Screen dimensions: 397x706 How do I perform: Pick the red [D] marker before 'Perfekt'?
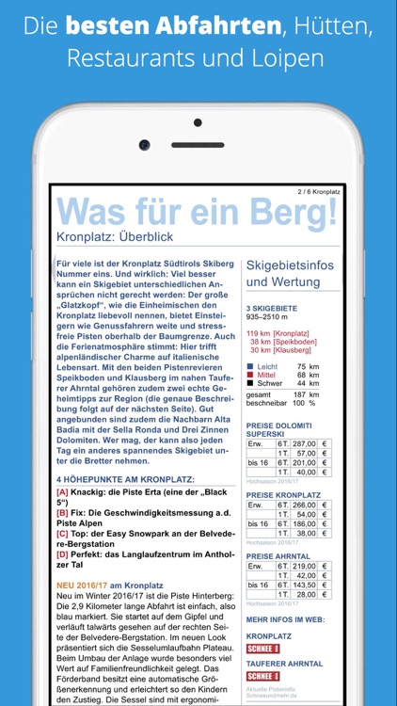pos(62,554)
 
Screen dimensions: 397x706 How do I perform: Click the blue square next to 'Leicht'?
pos(250,366)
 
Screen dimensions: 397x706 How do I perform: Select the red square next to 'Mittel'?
pos(250,375)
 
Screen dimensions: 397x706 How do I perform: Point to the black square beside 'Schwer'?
pos(250,383)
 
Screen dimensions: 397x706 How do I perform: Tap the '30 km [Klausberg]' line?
pos(279,350)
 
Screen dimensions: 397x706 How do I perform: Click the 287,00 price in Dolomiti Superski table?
pos(304,442)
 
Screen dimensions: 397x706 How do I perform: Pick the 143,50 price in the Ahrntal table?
pos(304,585)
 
